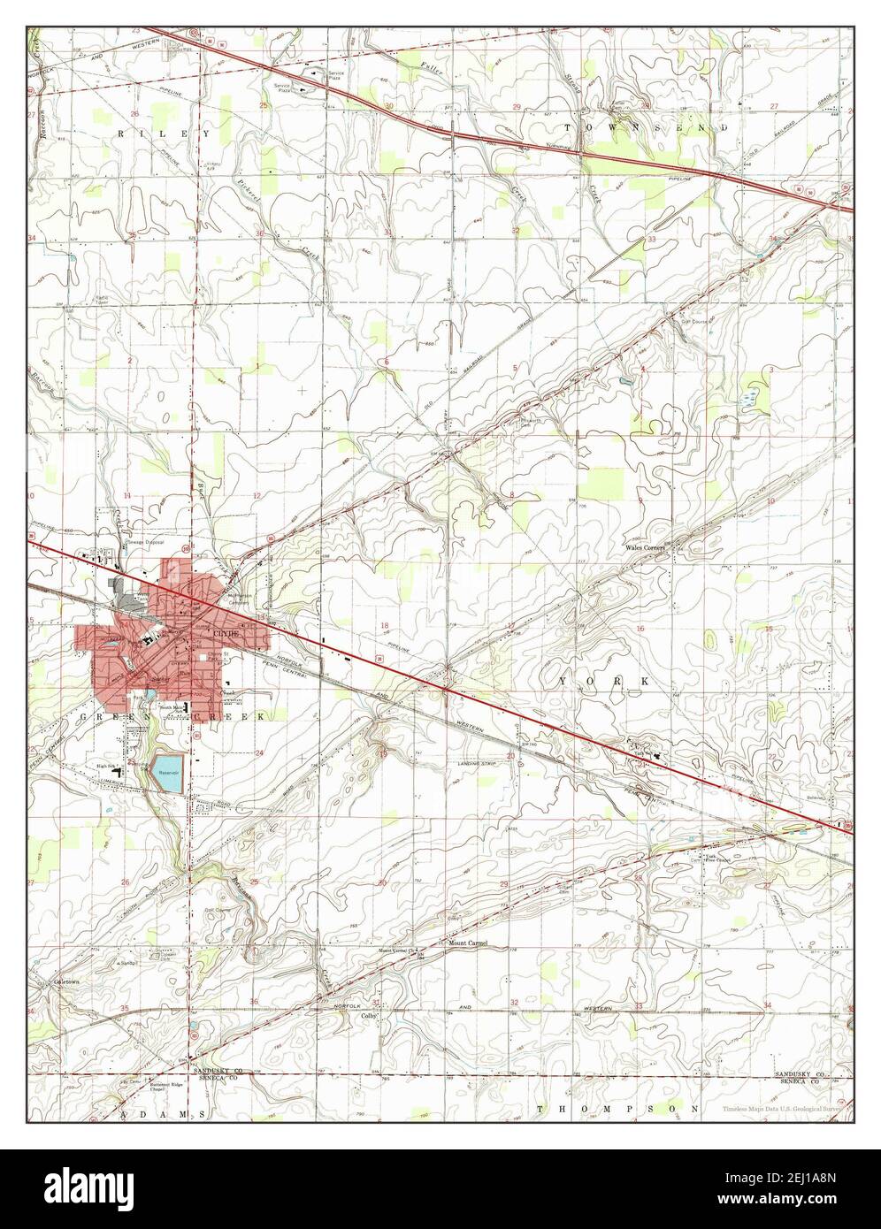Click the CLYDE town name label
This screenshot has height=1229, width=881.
(225, 634)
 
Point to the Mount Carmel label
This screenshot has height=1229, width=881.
(468, 943)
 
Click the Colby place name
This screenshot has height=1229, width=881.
(369, 1017)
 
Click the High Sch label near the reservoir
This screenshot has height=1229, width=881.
(105, 766)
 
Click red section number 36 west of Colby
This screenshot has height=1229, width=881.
(254, 1002)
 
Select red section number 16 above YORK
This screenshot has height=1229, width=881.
(640, 628)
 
